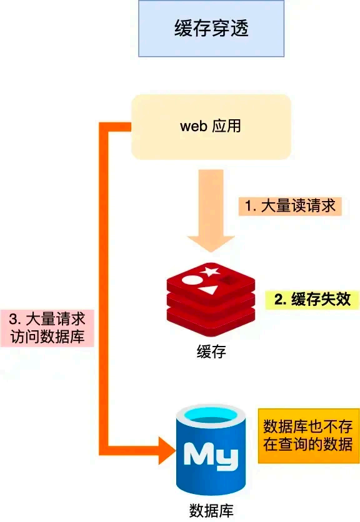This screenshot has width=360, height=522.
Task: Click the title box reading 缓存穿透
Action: tap(211, 29)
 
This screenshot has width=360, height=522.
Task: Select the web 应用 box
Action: tap(211, 126)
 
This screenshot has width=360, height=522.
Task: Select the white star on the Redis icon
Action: tap(210, 272)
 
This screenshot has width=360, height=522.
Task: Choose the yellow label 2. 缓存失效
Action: tap(312, 299)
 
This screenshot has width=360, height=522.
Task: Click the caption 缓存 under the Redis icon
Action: tap(211, 352)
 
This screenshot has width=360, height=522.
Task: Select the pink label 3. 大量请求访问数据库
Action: tap(47, 328)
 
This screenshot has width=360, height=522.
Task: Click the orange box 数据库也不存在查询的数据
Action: tap(309, 436)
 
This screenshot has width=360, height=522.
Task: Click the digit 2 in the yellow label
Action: tap(278, 299)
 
